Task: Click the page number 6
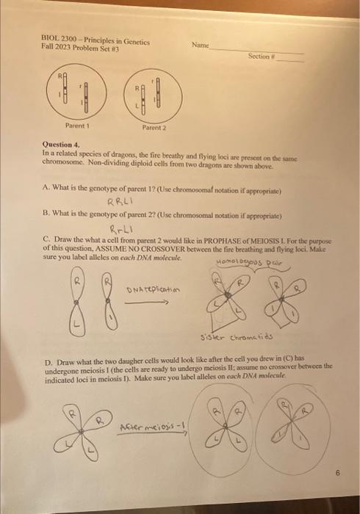[x=334, y=474]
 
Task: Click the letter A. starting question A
[x=46, y=187]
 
